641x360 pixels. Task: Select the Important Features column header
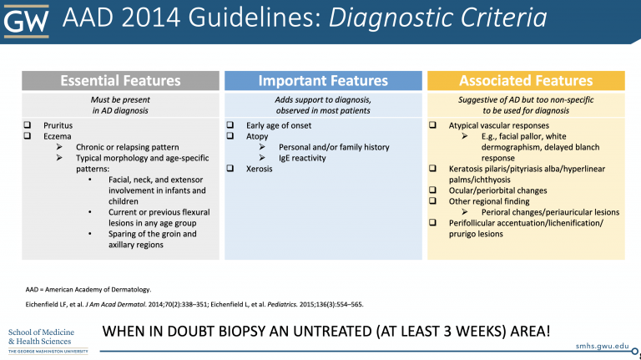pos(323,81)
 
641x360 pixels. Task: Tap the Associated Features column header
pos(525,81)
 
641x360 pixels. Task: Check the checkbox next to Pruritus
pos(28,124)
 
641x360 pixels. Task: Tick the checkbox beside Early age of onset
pos(230,124)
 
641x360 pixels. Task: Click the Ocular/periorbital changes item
pos(498,190)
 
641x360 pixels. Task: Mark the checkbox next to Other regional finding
pos(433,201)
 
